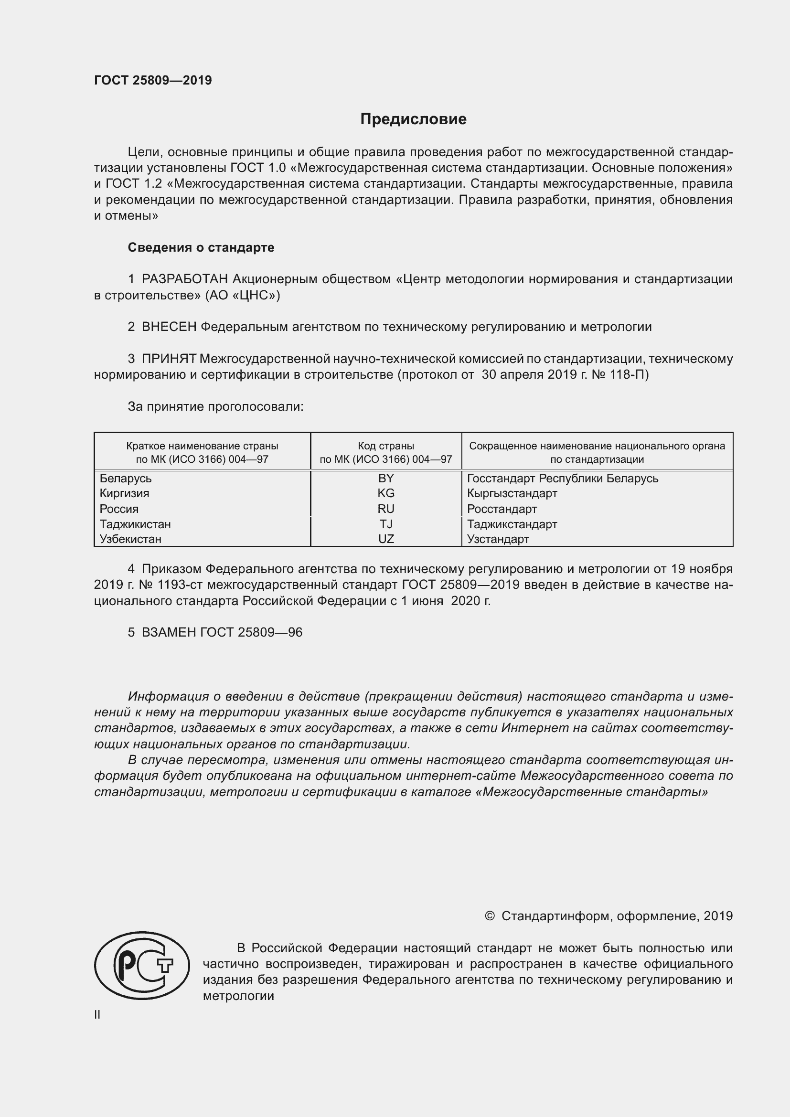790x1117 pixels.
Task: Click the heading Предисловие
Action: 413,119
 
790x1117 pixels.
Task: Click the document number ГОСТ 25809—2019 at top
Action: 153,80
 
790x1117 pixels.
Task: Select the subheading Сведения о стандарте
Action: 201,248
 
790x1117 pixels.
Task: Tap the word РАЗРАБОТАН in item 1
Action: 185,279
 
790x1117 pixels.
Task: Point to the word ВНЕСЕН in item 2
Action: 169,327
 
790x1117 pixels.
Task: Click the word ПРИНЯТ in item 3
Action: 169,359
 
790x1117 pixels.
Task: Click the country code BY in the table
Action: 386,478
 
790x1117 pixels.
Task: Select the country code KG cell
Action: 386,493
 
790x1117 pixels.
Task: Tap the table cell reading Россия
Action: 119,509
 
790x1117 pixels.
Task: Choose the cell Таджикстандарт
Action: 512,524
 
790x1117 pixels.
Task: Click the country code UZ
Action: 386,539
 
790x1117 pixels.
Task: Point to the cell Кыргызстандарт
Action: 512,493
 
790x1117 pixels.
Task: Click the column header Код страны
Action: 386,446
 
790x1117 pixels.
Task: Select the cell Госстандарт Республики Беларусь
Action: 562,478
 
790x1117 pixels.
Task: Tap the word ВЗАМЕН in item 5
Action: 169,632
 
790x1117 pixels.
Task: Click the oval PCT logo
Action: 142,965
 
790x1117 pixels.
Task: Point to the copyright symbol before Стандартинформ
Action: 490,916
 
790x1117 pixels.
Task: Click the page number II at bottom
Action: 97,1015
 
